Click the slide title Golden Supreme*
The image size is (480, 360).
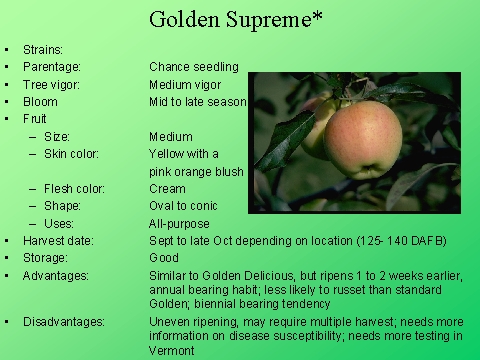240,19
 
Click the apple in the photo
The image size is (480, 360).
361,139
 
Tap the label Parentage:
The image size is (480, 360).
52,67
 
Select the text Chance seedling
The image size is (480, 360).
194,67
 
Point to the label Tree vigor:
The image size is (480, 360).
53,85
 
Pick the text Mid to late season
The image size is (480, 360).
198,102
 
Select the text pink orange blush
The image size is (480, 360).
196,171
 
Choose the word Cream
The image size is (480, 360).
167,189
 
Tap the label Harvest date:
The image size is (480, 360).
58,241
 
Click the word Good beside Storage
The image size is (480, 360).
163,258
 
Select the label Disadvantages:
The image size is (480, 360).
64,322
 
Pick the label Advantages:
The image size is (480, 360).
56,275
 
